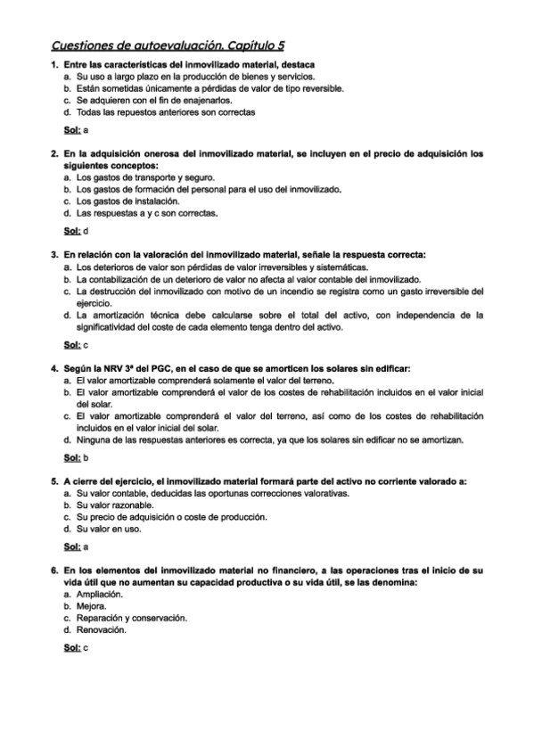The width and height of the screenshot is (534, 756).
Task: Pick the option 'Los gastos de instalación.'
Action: tap(127, 201)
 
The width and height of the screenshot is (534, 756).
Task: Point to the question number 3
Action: tap(54, 256)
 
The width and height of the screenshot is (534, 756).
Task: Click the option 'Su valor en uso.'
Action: tap(109, 529)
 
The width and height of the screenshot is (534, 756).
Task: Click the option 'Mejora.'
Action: tap(92, 606)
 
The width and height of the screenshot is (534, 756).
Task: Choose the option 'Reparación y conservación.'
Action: tap(131, 618)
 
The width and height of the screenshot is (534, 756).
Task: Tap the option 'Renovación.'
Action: tap(101, 629)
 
